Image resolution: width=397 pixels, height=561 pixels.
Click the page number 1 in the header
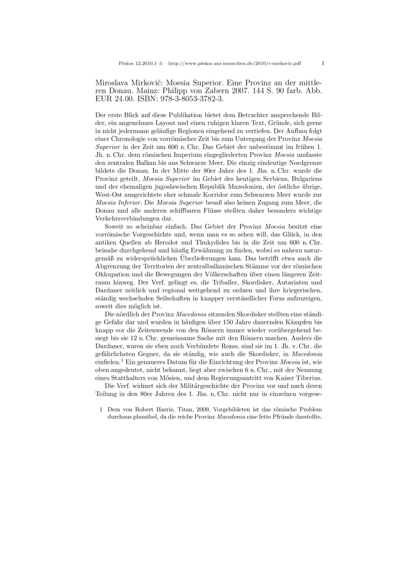(x=323, y=63)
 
